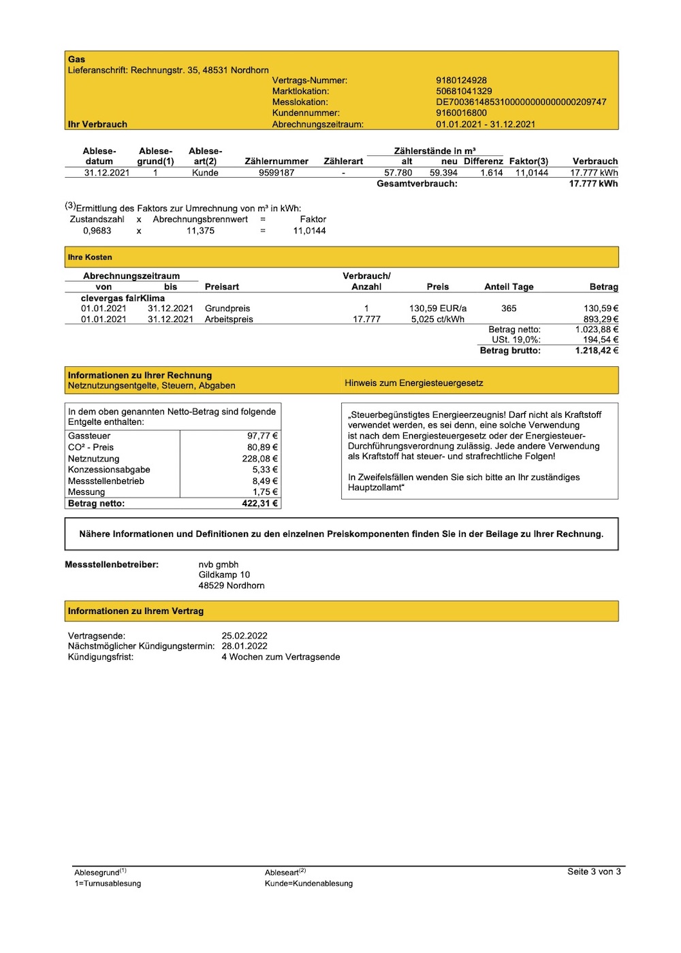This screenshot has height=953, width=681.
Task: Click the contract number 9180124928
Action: coord(461,80)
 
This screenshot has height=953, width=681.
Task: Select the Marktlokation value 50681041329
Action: coord(464,91)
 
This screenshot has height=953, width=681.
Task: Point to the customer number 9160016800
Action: coord(461,113)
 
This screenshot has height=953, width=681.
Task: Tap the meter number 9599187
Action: coord(276,173)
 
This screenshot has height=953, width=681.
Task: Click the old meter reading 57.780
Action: coord(398,173)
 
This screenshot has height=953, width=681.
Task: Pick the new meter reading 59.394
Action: coord(443,173)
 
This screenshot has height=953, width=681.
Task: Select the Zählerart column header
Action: coord(343,161)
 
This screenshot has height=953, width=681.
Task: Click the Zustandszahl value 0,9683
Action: coord(97,231)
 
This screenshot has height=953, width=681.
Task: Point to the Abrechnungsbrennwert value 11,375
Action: coord(200,231)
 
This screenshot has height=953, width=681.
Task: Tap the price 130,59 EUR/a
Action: coord(438,308)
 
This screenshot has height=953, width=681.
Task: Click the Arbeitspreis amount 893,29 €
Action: coord(601,319)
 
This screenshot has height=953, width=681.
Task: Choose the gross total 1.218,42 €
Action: coord(597,351)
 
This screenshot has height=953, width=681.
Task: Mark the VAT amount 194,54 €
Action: coord(601,340)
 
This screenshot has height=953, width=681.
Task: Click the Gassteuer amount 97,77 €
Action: coord(262,436)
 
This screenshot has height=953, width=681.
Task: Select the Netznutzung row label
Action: coord(93,459)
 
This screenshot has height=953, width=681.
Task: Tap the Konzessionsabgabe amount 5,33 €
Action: coord(265,470)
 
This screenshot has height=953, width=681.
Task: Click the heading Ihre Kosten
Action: coord(90,257)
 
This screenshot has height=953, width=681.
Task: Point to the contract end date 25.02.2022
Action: coord(244,636)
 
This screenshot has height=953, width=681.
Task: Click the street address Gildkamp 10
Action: coord(224,575)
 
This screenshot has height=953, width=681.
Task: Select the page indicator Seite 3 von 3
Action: coord(594,871)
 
